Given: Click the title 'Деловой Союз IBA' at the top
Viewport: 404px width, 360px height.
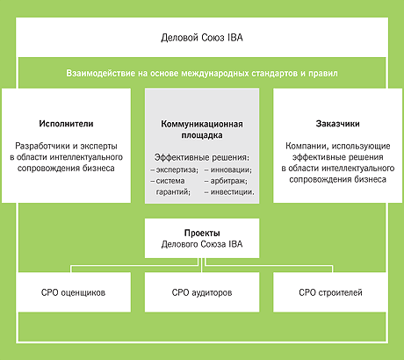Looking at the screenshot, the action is (202, 38).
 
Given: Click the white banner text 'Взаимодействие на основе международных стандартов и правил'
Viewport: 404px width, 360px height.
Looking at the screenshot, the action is (202, 73).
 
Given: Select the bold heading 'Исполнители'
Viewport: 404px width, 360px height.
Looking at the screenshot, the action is (66, 124).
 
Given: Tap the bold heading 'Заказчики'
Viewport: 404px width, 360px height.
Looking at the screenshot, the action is (337, 124).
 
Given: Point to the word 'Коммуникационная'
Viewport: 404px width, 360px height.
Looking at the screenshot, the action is (202, 124).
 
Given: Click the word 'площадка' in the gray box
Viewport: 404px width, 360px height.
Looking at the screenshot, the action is (202, 135).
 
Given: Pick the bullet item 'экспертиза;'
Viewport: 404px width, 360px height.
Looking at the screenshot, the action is (177, 169).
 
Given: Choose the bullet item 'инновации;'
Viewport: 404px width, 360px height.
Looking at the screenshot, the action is (231, 169).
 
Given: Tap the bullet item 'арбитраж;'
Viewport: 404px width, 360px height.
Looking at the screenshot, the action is (229, 181).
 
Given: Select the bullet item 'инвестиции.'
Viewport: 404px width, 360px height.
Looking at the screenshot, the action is (233, 192).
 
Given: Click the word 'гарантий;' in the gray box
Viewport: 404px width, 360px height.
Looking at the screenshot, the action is (173, 192).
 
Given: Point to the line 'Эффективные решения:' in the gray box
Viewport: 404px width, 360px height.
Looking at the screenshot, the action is (202, 157).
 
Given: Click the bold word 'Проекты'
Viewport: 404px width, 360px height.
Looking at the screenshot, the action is (202, 234).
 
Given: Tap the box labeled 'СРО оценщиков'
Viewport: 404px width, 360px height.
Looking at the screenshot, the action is (74, 292).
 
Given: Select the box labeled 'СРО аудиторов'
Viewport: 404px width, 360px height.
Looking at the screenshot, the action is (202, 292).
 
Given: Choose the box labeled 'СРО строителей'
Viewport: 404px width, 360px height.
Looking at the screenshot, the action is (329, 292).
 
